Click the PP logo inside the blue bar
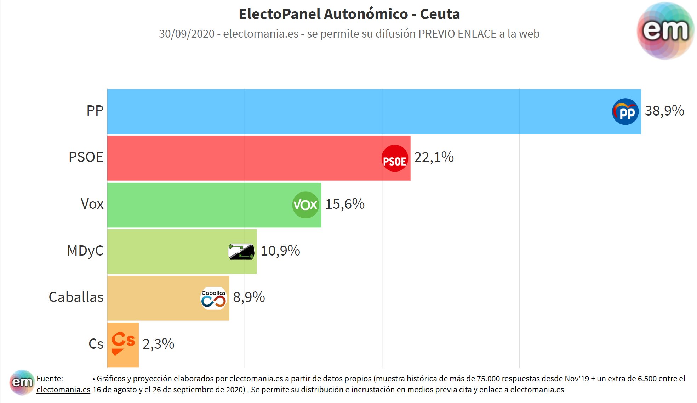point(625,112)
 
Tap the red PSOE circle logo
point(395,158)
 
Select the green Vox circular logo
point(305,205)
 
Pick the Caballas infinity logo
point(213,298)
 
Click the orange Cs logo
point(122,343)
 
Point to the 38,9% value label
point(664,111)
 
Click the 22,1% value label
point(434,157)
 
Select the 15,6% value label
point(344,204)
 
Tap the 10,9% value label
point(280,251)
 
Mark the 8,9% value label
point(248,297)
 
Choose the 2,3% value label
point(158,344)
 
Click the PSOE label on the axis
point(86,157)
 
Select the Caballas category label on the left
point(76,297)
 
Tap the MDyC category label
point(85,251)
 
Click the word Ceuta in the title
point(440,14)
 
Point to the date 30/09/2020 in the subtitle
point(187,34)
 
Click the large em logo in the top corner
point(665,30)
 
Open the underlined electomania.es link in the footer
point(63,390)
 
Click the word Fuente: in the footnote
point(50,379)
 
